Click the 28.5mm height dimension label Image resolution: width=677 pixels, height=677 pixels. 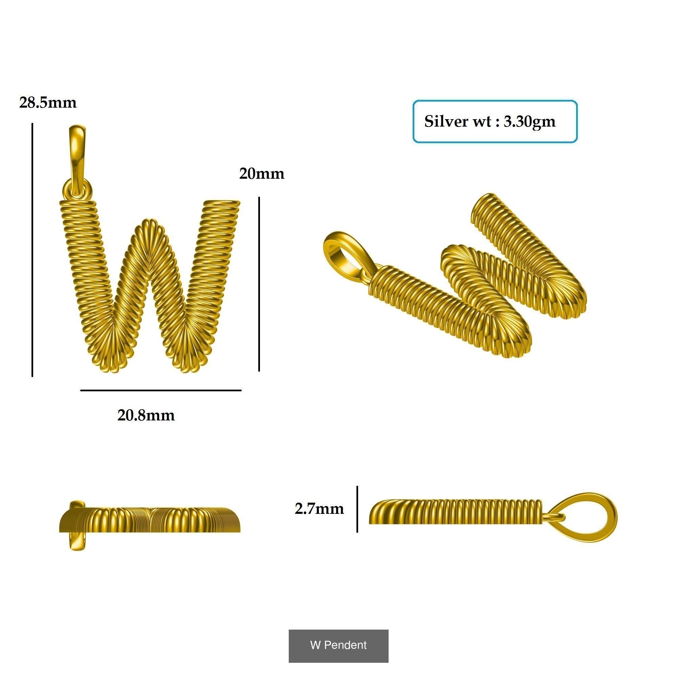click(x=48, y=103)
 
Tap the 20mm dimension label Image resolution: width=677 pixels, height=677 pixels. click(x=261, y=174)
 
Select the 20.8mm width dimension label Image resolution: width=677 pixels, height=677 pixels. click(x=146, y=416)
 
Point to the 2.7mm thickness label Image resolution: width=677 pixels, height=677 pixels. click(x=319, y=509)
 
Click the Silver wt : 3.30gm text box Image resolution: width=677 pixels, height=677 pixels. click(x=495, y=122)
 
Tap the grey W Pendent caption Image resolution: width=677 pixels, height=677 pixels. click(x=338, y=645)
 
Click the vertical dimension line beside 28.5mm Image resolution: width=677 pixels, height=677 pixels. click(x=32, y=249)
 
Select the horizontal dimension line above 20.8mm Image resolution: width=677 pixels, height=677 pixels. click(x=161, y=390)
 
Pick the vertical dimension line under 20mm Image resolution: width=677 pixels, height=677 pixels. click(x=259, y=284)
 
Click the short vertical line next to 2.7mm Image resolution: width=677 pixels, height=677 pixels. click(x=357, y=509)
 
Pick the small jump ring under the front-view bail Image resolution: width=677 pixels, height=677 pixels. click(x=77, y=190)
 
